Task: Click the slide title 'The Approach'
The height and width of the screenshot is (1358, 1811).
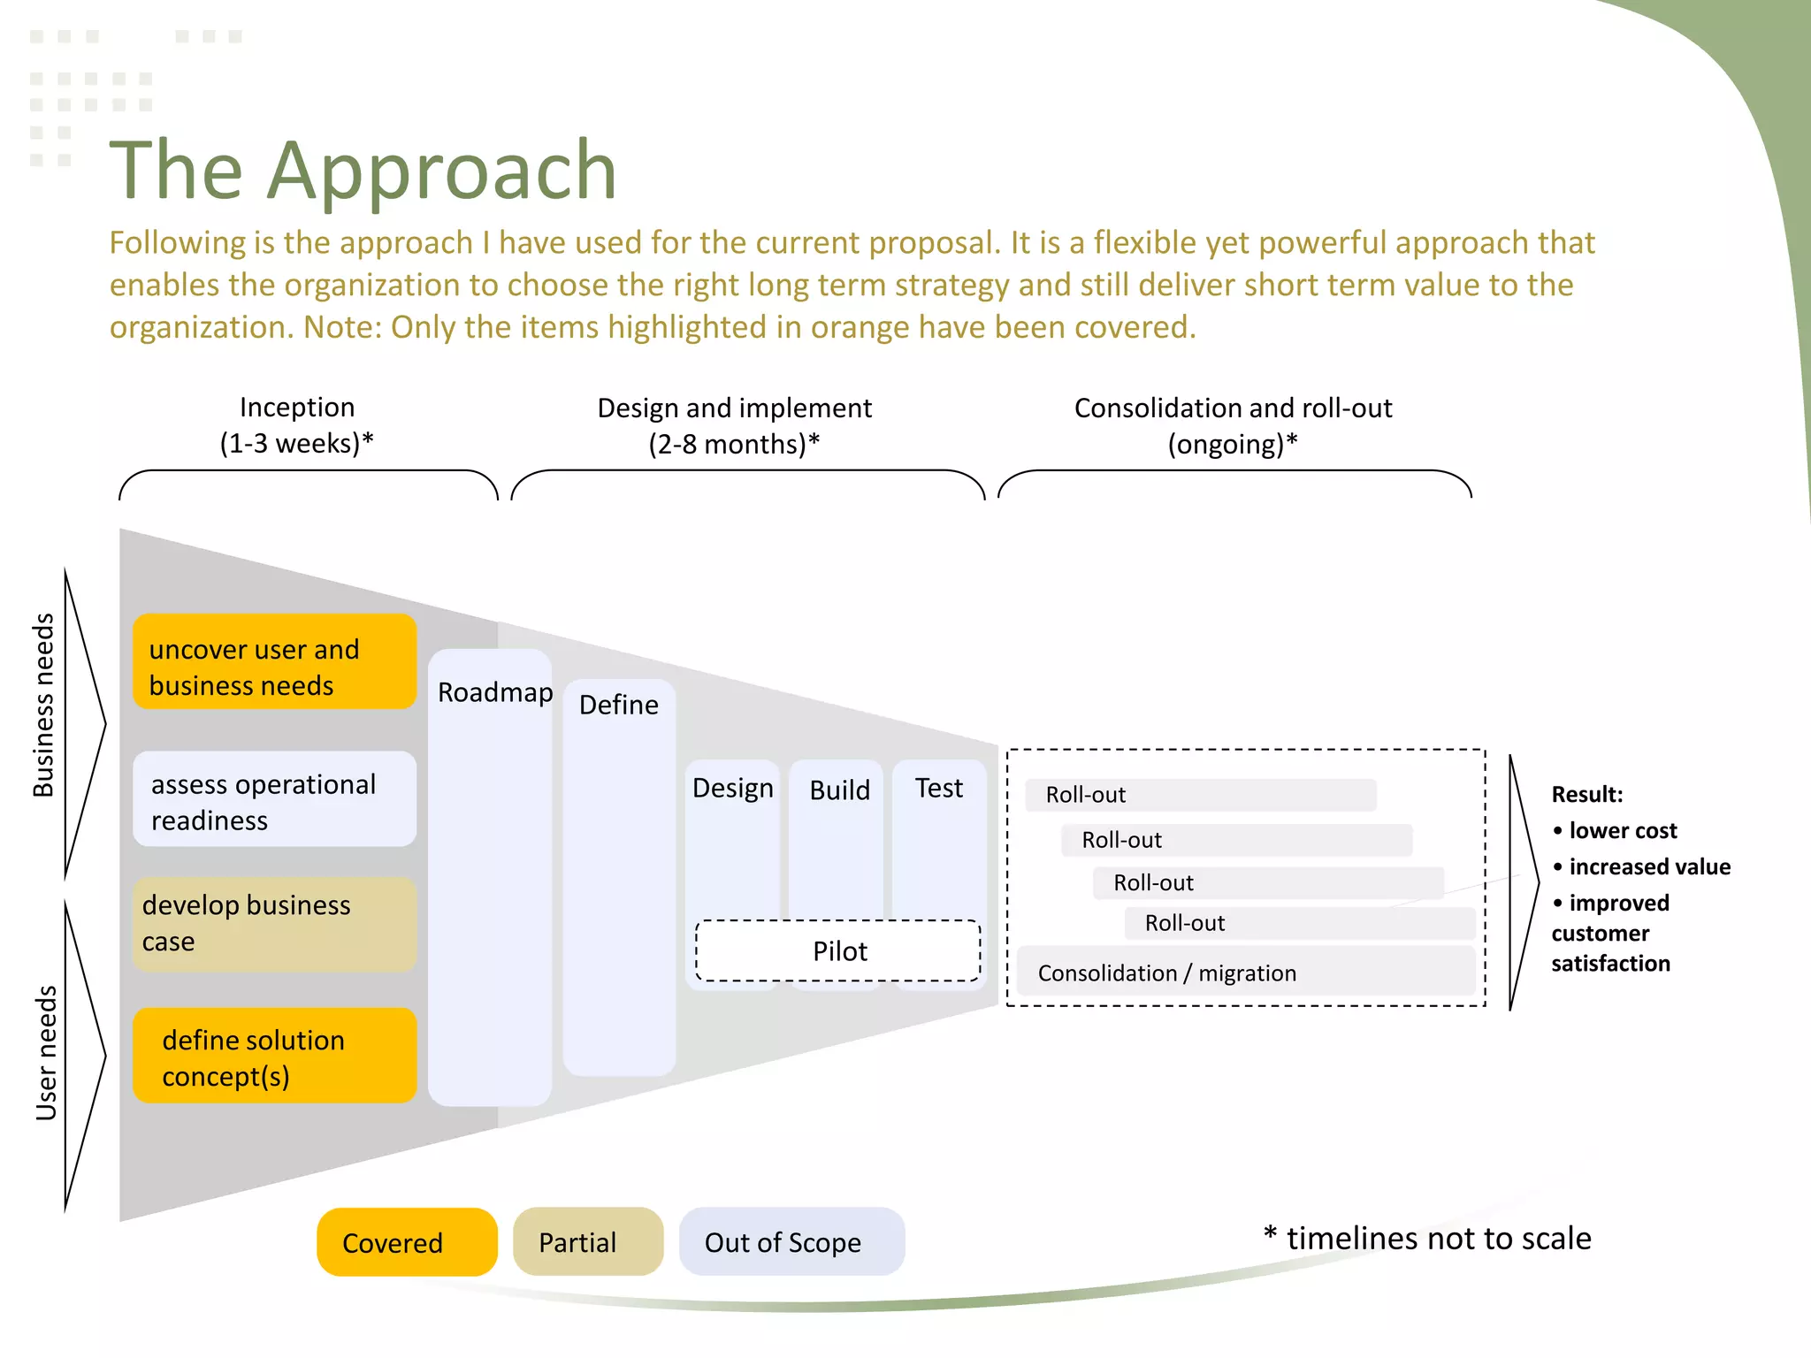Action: coord(363,170)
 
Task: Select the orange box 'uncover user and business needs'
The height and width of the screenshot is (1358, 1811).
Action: coord(274,661)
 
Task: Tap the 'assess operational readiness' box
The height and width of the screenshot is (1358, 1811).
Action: coord(274,799)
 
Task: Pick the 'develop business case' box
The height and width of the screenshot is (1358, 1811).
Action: coord(274,925)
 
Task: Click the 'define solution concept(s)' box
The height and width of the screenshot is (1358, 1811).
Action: coord(274,1056)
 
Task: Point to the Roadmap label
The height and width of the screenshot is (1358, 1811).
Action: coord(494,692)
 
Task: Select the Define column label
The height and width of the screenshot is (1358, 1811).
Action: coord(618,705)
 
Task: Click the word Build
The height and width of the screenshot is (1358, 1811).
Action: coord(839,790)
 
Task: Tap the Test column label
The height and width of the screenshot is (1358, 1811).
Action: coord(938,788)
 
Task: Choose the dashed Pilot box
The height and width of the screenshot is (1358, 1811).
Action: coord(838,951)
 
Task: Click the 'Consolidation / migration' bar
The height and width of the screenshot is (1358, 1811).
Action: coord(1245,972)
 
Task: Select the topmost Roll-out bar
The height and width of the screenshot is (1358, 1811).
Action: coord(1200,794)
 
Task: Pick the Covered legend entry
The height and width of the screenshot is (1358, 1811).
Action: coord(407,1242)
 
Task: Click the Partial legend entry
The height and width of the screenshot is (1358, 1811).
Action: coord(587,1242)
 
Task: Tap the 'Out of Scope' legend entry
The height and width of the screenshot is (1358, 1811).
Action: coord(791,1242)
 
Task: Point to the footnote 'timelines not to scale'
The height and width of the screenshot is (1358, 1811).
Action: coord(1437,1238)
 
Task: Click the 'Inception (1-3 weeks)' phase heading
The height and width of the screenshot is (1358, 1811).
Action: coord(296,425)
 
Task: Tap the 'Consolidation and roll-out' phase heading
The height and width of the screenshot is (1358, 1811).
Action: coord(1233,425)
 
